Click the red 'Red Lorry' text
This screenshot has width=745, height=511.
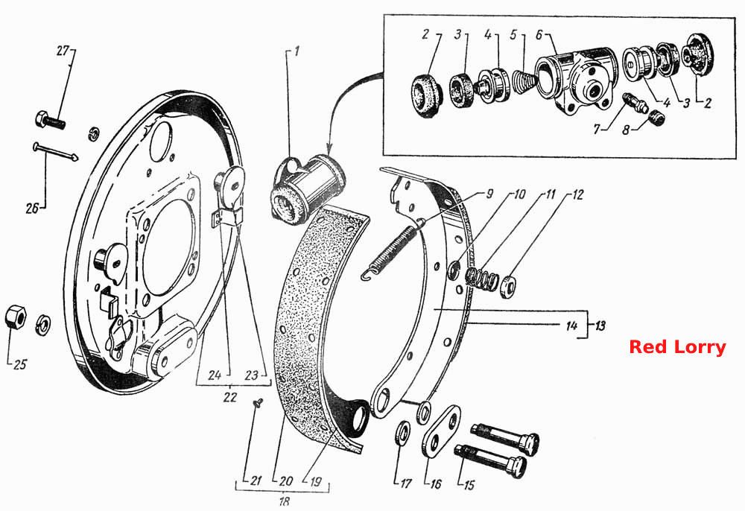(x=677, y=346)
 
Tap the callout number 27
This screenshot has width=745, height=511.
(x=63, y=51)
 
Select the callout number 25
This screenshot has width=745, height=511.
(x=20, y=365)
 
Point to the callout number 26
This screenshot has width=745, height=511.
(x=32, y=208)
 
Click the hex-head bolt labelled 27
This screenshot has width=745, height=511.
(x=50, y=120)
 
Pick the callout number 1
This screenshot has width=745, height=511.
(x=297, y=51)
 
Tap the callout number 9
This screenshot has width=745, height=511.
(x=489, y=194)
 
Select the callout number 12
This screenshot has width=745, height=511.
(x=577, y=194)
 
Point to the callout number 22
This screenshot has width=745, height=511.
(x=230, y=396)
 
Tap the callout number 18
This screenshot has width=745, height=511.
(x=284, y=501)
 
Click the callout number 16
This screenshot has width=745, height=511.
(x=435, y=483)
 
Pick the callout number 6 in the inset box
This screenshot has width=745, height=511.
(x=539, y=35)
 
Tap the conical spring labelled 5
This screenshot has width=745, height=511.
(x=524, y=82)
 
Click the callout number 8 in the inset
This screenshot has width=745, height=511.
(x=626, y=129)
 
